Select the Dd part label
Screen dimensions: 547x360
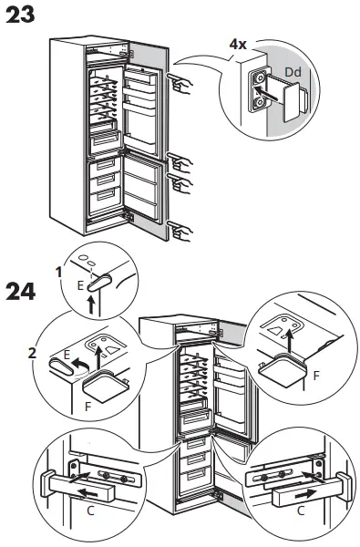tap(293, 70)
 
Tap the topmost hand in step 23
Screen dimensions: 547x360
tap(181, 85)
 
